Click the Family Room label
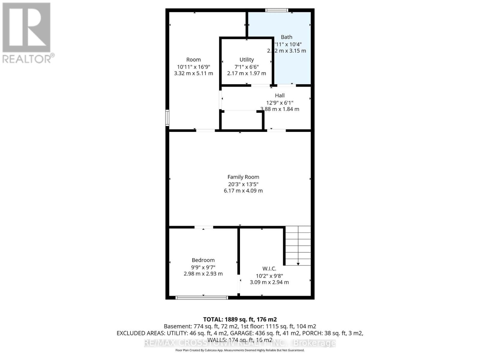[x=243, y=177]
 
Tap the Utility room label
[x=247, y=60]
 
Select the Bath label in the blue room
[x=286, y=37]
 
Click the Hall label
[x=280, y=95]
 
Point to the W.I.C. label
[x=269, y=269]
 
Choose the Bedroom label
[x=203, y=260]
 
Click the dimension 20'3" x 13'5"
[x=243, y=184]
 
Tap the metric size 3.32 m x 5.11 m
[x=193, y=73]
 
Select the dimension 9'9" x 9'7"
[x=203, y=267]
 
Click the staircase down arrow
[x=298, y=263]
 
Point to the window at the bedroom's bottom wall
[x=202, y=298]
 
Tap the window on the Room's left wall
[x=167, y=118]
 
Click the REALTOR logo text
[x=28, y=58]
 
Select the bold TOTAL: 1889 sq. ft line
[x=240, y=319]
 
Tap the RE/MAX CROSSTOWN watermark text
[x=240, y=343]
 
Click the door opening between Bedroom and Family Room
[x=204, y=227]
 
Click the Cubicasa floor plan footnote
[x=240, y=350]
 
